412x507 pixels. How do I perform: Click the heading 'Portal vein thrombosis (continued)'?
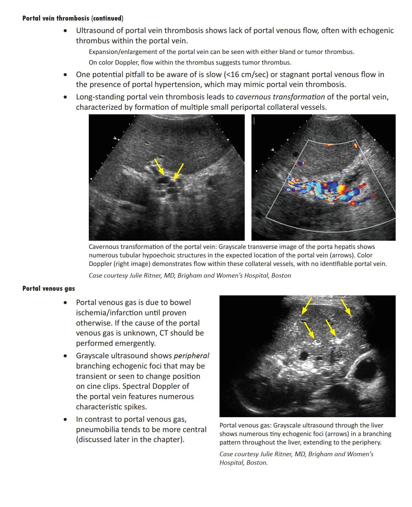click(x=73, y=18)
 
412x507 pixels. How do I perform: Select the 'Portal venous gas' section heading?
click(x=49, y=288)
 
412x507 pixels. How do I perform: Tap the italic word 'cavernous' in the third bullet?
click(x=252, y=97)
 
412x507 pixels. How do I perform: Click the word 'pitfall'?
click(x=153, y=75)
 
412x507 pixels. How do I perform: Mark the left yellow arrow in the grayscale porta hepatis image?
click(x=159, y=167)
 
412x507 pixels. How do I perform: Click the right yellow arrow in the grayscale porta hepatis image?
click(x=178, y=171)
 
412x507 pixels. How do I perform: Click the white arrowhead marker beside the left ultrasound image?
click(x=115, y=138)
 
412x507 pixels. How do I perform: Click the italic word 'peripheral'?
click(x=191, y=356)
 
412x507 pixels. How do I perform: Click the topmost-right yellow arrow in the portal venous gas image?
click(x=346, y=307)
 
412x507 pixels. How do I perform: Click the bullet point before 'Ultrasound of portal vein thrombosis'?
click(x=65, y=31)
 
